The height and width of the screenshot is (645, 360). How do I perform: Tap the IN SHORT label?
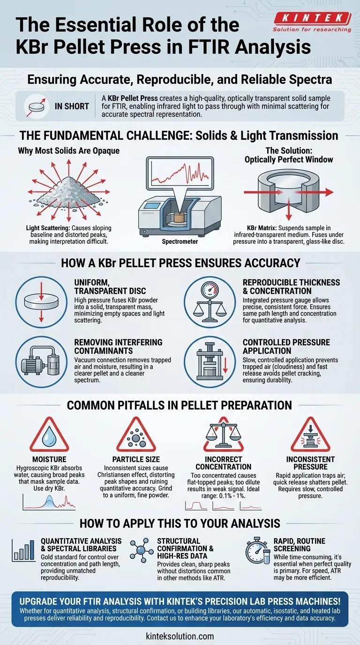(x=71, y=106)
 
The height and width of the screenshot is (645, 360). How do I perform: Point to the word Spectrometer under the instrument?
(x=180, y=242)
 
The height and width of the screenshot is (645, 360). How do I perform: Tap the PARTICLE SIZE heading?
(x=135, y=460)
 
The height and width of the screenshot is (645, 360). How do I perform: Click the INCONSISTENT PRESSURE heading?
(x=310, y=463)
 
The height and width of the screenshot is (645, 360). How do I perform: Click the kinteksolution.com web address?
(x=180, y=636)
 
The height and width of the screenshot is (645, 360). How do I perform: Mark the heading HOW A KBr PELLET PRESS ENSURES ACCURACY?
(x=180, y=263)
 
